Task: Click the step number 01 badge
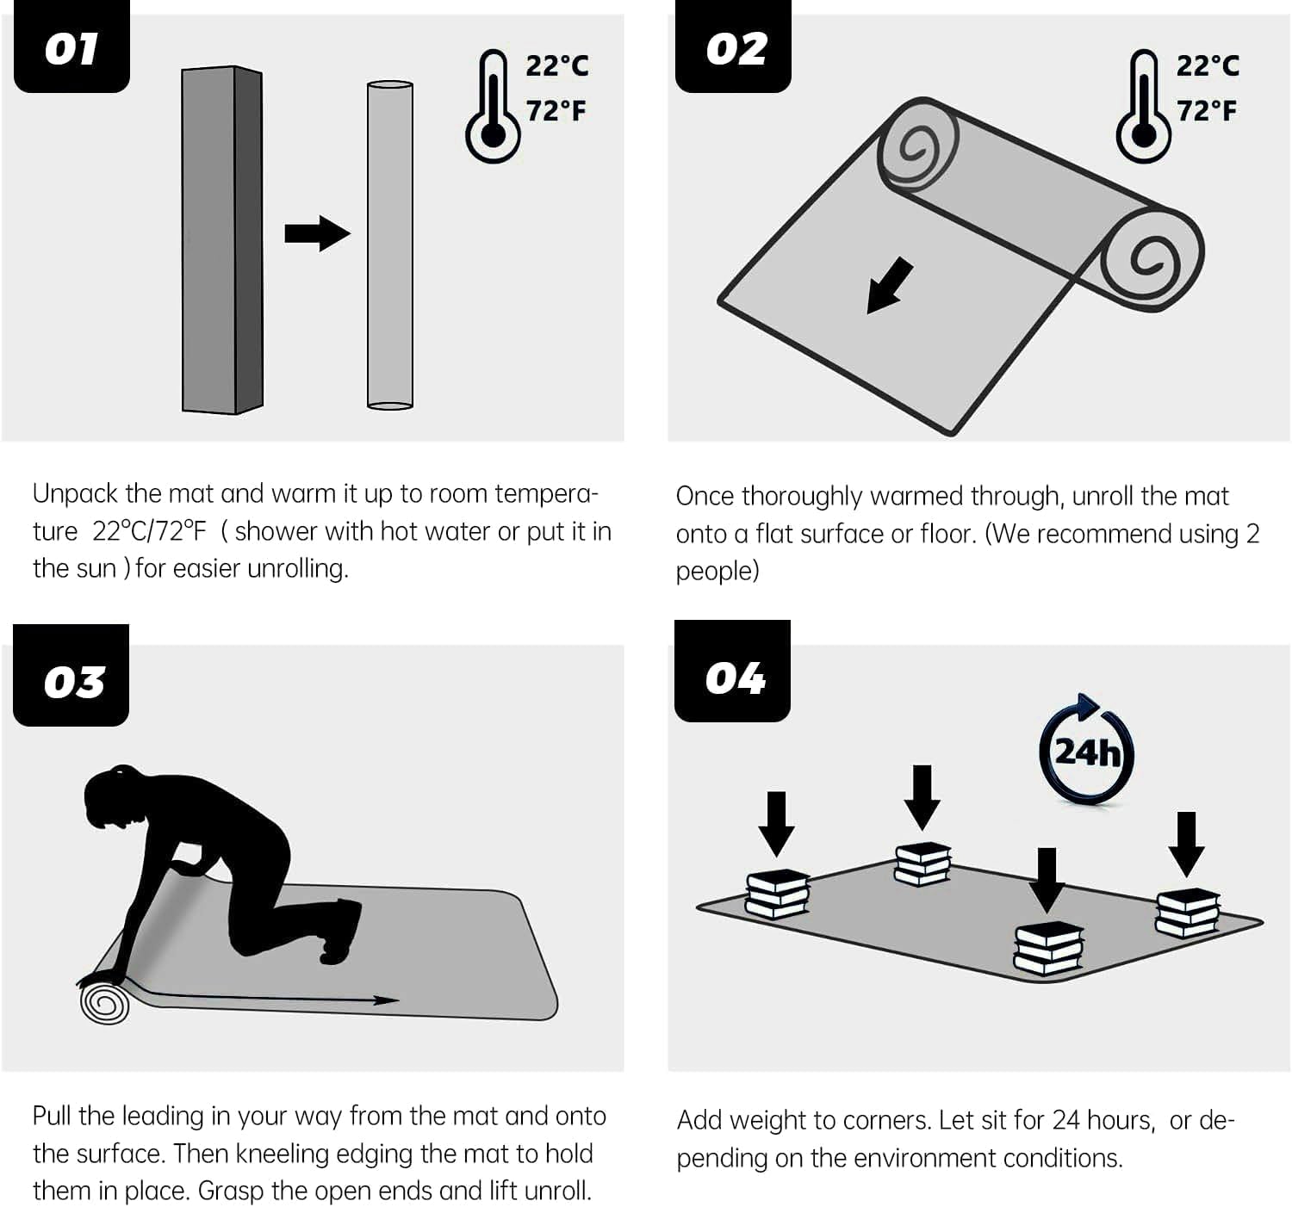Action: click(71, 46)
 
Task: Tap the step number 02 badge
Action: click(733, 46)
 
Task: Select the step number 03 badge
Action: click(71, 675)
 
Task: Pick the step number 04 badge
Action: click(732, 672)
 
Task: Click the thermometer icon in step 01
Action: click(494, 106)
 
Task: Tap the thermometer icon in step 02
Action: click(1144, 106)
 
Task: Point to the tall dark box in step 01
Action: click(222, 239)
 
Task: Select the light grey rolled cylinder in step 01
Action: click(390, 245)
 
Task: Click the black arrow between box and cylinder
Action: click(318, 232)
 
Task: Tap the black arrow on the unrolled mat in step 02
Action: click(890, 286)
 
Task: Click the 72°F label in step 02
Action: click(1207, 111)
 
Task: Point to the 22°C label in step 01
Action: click(557, 65)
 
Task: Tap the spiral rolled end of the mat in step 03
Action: click(105, 1004)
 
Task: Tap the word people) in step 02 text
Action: click(717, 572)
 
